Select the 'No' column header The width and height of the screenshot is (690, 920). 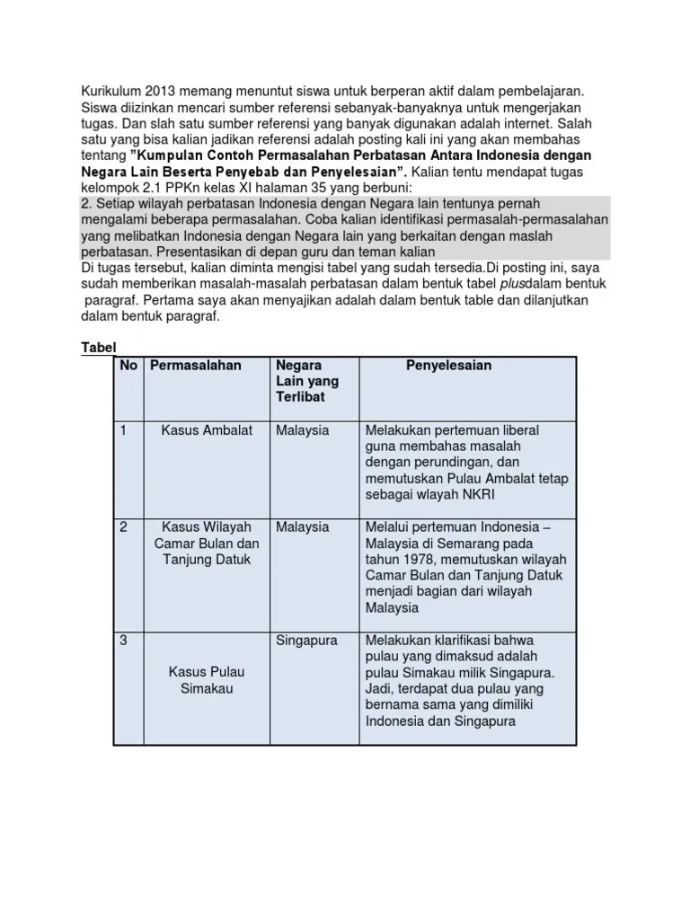(x=128, y=366)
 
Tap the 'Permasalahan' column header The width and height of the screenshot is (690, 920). (x=196, y=366)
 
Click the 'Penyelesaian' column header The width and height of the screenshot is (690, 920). (x=448, y=366)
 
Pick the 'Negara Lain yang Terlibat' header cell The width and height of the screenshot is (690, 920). (x=305, y=381)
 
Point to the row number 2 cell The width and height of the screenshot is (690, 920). (x=124, y=527)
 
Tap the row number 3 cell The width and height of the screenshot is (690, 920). (x=124, y=640)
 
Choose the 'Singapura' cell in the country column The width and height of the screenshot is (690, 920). (x=306, y=641)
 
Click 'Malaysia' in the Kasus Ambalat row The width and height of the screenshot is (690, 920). (x=303, y=430)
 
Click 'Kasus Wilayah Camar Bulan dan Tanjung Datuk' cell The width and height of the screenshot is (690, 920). (x=206, y=544)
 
